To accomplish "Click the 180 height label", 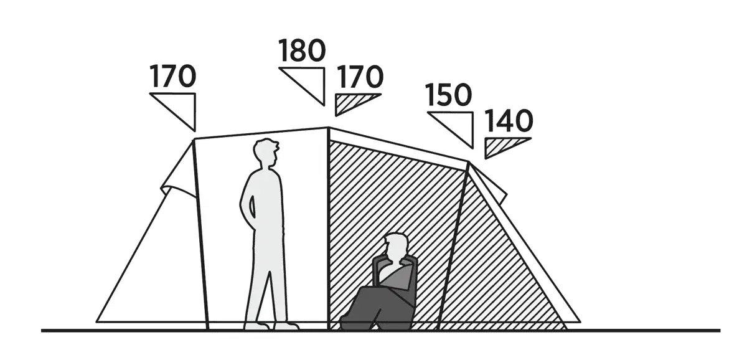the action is [302, 50].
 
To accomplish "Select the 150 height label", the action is [449, 95].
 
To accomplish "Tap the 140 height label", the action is [509, 121].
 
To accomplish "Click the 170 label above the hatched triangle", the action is [359, 77].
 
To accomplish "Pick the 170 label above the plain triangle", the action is [172, 76].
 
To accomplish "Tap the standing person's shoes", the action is [271, 326].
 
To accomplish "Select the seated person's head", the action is [396, 247].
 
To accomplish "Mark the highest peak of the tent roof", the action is [328, 127].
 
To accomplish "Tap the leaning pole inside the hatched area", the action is [453, 246].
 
